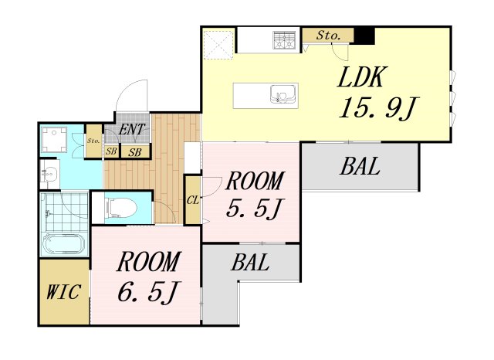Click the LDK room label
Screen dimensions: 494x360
(x=361, y=77)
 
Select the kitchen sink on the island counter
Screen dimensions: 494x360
(x=283, y=94)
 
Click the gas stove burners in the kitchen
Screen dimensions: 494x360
(x=285, y=40)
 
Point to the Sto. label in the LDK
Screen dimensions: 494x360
(x=329, y=36)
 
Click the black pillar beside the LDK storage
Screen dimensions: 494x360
(x=364, y=36)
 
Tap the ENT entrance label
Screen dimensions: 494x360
(x=132, y=129)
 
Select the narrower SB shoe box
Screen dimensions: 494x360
(x=111, y=151)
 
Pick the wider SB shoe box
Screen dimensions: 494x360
(x=135, y=152)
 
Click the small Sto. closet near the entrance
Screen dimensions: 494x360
(x=93, y=141)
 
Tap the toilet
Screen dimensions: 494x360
(x=121, y=208)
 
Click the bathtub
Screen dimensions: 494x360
(x=64, y=243)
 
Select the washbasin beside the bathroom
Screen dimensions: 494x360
(x=49, y=175)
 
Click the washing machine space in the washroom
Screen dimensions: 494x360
(x=55, y=139)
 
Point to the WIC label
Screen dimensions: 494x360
(x=63, y=291)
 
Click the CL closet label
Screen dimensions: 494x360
(x=193, y=200)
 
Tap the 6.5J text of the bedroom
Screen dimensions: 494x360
(x=147, y=291)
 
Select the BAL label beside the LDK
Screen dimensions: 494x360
(x=360, y=166)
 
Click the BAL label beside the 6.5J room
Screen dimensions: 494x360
(x=250, y=262)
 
